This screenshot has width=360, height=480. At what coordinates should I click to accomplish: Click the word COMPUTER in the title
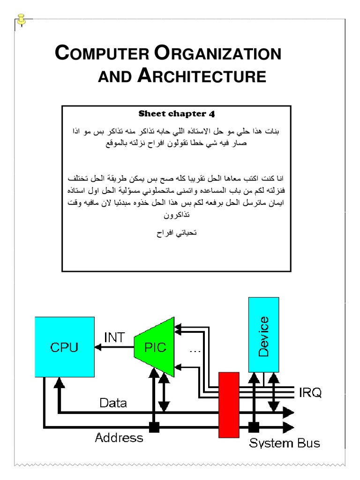[102, 54]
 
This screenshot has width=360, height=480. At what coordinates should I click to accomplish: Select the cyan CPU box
[64, 347]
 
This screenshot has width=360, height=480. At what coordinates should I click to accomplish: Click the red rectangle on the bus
[229, 404]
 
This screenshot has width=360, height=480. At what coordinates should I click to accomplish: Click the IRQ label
[310, 393]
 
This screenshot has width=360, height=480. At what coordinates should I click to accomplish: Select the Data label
[113, 403]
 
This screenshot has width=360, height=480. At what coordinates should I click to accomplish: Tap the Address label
[119, 438]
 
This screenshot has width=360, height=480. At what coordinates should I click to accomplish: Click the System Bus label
[285, 442]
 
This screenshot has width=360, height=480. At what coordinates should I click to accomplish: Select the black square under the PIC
[153, 427]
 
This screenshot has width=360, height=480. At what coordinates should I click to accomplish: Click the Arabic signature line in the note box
[176, 233]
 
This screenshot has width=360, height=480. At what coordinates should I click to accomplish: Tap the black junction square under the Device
[254, 427]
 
